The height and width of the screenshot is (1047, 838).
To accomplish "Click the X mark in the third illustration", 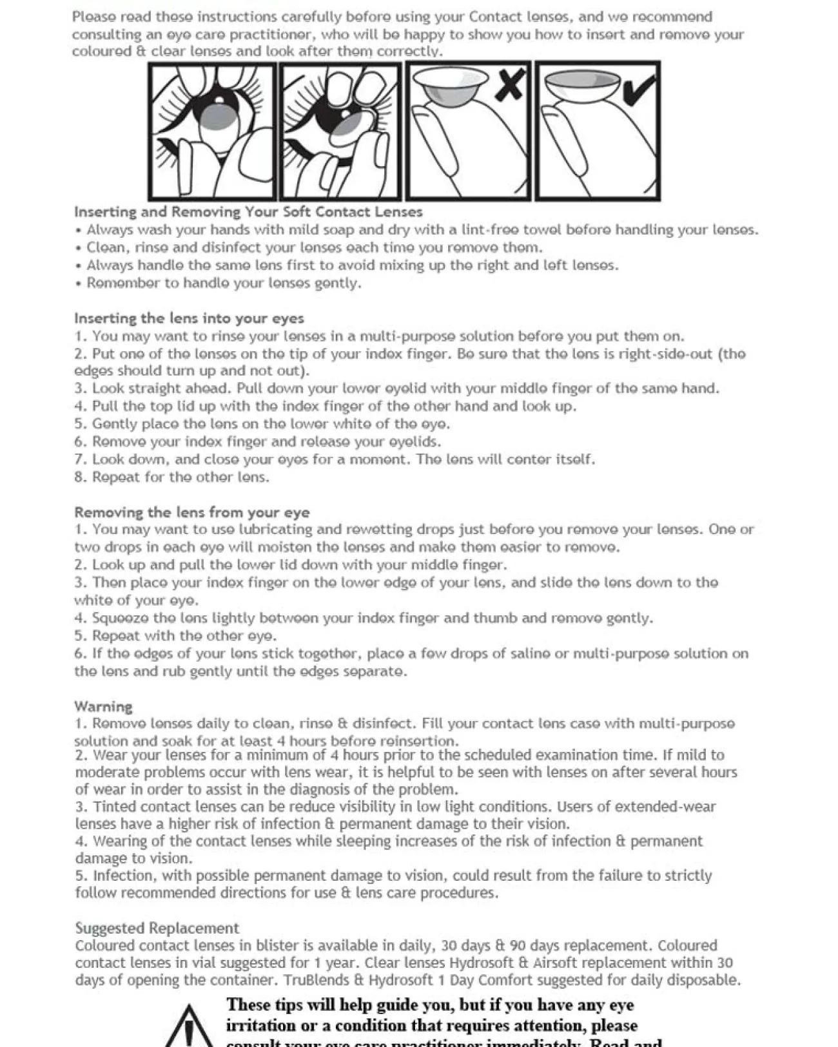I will tap(510, 84).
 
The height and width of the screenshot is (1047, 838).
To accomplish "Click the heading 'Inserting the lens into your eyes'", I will tap(189, 318).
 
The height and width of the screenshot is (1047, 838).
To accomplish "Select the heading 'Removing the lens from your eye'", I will tap(191, 512).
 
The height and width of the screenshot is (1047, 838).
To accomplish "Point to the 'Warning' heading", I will tap(103, 706).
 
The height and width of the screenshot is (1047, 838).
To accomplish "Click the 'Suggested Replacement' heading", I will tap(157, 928).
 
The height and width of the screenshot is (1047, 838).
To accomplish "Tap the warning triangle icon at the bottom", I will tap(188, 1028).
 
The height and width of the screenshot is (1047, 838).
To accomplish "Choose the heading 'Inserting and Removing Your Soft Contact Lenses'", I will tap(248, 212).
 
